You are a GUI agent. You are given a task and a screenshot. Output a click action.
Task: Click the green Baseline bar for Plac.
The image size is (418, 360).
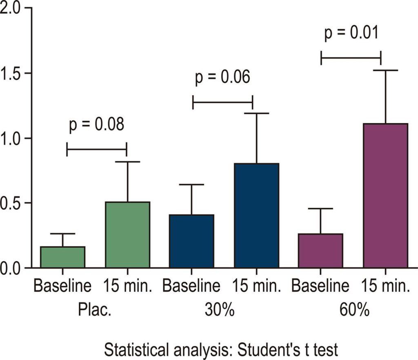click(62, 257)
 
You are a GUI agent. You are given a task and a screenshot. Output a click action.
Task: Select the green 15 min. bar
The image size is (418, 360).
click(127, 235)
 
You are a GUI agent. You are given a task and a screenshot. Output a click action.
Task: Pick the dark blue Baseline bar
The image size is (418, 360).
click(192, 241)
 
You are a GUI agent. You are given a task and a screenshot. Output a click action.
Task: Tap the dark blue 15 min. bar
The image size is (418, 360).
click(257, 215)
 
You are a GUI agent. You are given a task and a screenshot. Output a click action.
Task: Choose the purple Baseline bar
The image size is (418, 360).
click(321, 250)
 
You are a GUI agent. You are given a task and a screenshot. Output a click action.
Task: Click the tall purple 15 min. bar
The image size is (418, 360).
click(385, 196)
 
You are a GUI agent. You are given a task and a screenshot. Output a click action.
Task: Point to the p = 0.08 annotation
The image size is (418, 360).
click(96, 125)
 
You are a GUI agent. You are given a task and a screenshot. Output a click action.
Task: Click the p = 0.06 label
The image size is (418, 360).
click(222, 77)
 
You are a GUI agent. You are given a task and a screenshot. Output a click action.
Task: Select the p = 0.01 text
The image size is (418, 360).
click(351, 33)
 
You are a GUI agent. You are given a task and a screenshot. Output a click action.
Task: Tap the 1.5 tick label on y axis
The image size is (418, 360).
click(11, 73)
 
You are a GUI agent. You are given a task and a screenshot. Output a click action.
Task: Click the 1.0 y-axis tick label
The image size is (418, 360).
click(11, 138)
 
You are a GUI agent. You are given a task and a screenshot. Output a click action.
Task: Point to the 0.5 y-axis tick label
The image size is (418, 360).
click(11, 203)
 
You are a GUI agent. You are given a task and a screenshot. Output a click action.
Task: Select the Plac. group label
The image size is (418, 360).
click(94, 310)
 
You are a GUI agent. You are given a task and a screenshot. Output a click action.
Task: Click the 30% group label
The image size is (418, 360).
click(220, 310)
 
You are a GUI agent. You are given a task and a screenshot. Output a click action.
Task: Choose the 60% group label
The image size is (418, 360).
click(355, 310)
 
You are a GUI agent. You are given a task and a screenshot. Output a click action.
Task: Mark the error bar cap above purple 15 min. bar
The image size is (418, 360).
click(385, 70)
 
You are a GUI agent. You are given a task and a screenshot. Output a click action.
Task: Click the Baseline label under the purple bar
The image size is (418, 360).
click(320, 286)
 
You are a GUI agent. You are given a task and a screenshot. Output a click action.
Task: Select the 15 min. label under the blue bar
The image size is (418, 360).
click(256, 286)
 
